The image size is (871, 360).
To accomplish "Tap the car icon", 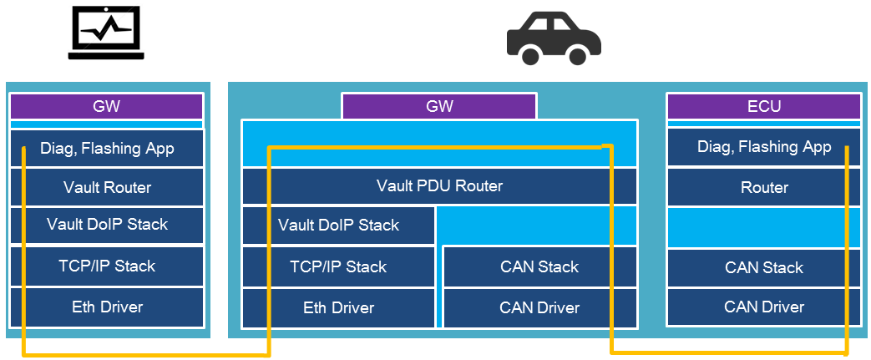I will coord(554,40).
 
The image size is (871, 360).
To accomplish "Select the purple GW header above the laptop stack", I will coord(107,106).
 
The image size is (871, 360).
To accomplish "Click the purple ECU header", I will coord(763,106).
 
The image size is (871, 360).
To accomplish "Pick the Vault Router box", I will coord(107,187).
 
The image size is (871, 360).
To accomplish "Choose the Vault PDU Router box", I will coord(439,185).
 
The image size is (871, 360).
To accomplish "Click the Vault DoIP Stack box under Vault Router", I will coord(107,225).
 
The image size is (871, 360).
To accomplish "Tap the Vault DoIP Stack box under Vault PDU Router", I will coord(338,226).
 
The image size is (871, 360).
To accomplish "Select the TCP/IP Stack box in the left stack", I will coord(107,266).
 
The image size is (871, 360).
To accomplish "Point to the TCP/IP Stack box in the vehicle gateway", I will coord(338,267).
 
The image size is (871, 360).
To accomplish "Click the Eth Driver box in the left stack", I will coord(107,307).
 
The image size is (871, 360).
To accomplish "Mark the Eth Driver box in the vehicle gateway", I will coord(338,308).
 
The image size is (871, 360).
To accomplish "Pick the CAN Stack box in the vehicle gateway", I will coord(539,267).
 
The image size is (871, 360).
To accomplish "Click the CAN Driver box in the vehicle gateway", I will coord(539,308).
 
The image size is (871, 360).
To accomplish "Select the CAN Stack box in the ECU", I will coord(763,267).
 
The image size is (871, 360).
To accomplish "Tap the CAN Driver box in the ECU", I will coord(763,307).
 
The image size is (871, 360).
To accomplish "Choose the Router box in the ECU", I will coord(763,188).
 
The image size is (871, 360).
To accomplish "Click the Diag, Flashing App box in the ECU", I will coord(763,147).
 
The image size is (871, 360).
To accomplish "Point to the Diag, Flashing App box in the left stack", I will coord(107,149).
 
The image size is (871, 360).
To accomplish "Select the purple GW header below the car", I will coord(439,106).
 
